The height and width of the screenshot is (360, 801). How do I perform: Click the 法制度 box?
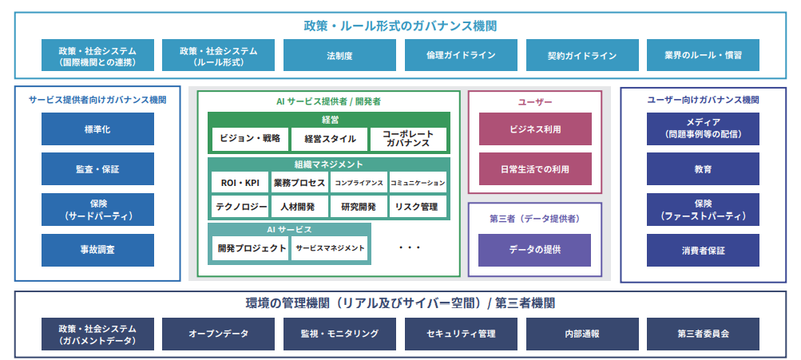click(339, 55)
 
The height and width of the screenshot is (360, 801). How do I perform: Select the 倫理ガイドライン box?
click(461, 55)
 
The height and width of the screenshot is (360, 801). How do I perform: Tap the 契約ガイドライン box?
click(582, 55)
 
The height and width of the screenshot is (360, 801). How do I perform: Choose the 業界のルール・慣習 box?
click(703, 55)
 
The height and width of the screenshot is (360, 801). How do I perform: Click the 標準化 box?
click(97, 129)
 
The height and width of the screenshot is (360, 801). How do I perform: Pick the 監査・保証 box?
click(97, 168)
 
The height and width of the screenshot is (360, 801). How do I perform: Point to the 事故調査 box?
click(97, 250)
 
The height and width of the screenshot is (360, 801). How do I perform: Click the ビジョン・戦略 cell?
click(250, 139)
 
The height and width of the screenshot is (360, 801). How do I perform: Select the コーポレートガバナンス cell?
click(408, 139)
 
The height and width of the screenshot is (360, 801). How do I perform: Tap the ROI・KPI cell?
click(240, 182)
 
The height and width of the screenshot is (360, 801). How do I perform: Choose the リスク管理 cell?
click(418, 207)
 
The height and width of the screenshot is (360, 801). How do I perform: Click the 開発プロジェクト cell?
click(250, 248)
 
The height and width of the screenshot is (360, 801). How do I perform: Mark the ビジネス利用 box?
click(535, 129)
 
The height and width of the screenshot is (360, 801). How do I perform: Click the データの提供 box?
click(535, 250)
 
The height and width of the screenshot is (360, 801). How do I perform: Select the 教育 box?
click(703, 168)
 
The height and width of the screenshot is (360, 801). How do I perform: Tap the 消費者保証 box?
click(703, 250)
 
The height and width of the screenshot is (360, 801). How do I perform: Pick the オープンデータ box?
click(219, 334)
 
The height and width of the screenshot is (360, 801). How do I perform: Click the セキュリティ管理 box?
click(461, 334)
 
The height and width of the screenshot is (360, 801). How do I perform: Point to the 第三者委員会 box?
click(703, 334)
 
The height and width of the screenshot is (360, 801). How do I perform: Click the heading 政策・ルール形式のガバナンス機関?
click(401, 26)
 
